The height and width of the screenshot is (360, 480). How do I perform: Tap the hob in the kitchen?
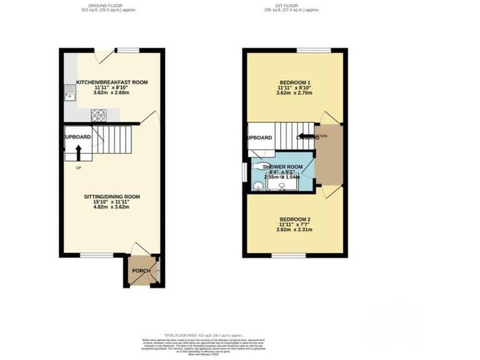tap(99, 115)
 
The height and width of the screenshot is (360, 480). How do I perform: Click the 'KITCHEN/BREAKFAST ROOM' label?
tap(112, 82)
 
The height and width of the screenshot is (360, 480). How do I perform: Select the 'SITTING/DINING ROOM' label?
tap(112, 197)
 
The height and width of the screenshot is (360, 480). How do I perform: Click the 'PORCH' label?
tap(140, 271)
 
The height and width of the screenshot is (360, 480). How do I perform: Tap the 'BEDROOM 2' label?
tap(294, 219)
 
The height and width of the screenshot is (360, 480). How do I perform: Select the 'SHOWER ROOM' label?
tap(282, 167)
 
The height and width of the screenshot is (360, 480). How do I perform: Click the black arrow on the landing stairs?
tap(305, 136)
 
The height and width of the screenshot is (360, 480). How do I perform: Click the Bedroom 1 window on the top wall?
tap(305, 50)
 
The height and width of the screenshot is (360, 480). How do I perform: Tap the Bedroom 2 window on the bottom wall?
tap(288, 255)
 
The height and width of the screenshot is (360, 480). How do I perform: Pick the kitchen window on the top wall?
tap(127, 50)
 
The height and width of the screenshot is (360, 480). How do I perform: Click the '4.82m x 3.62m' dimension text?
tap(112, 206)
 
